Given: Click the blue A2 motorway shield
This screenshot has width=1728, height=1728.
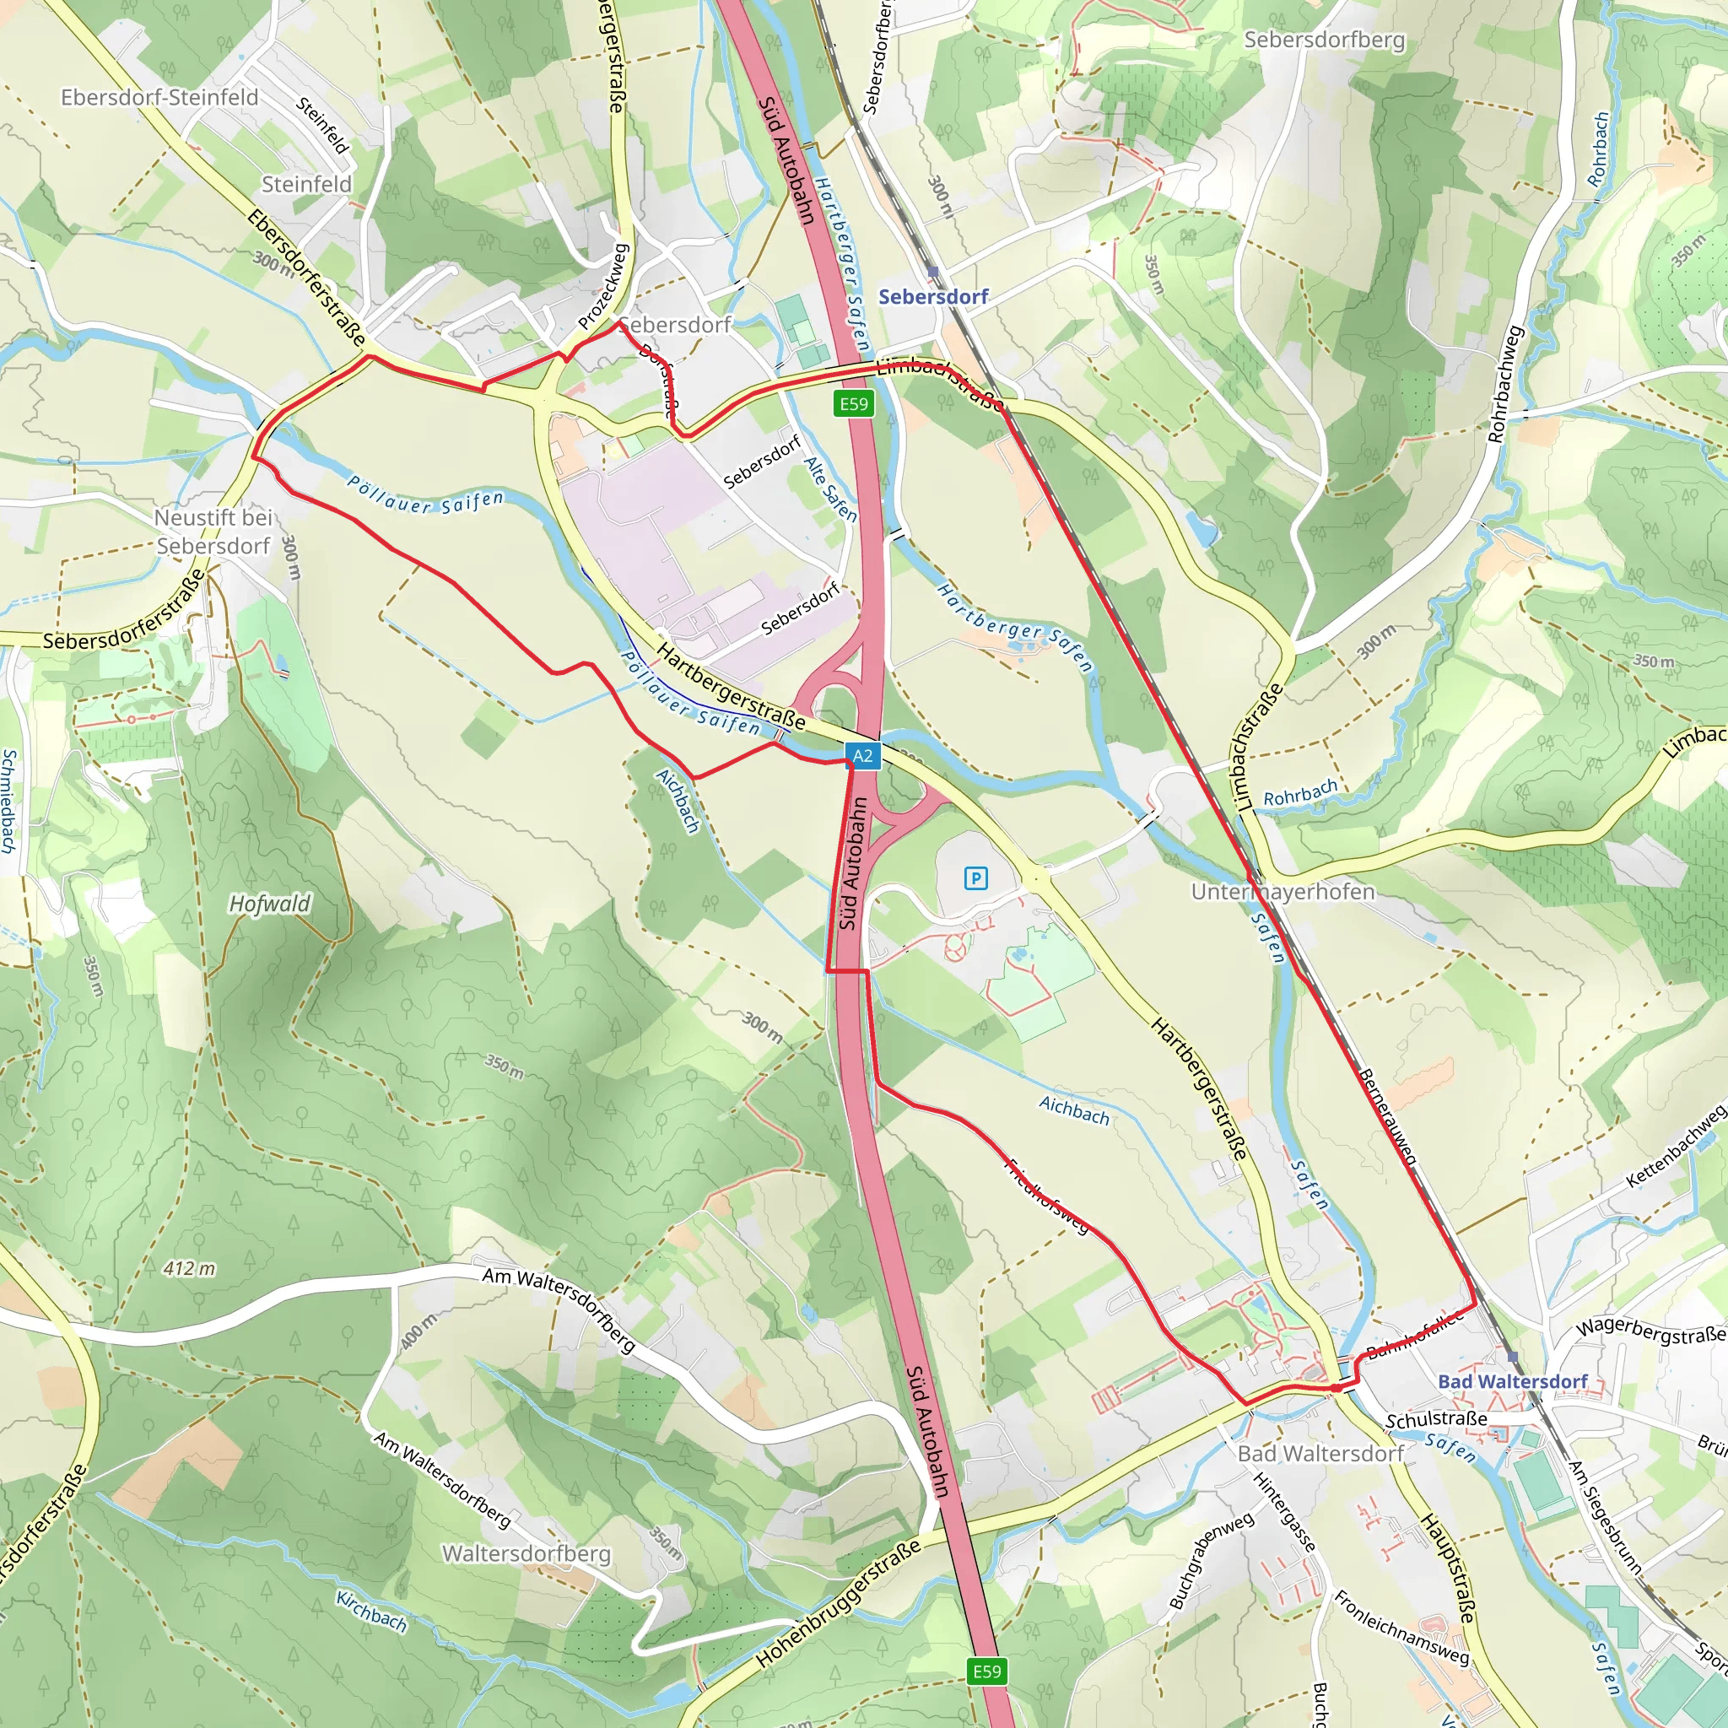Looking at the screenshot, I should point(862,756).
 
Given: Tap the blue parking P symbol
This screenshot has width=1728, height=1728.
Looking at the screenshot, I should point(976,878).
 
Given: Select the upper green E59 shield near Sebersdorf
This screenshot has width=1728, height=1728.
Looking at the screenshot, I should point(853,403).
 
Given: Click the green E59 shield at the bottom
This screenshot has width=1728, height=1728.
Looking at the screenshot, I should point(986,1671).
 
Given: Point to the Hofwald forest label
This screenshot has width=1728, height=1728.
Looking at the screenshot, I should point(269,904).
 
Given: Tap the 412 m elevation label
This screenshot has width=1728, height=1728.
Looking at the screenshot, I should point(190,1268).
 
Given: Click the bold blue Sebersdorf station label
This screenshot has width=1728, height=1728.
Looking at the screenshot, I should point(933,297).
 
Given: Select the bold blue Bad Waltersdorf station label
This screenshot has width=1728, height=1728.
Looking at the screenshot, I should point(1511,1381).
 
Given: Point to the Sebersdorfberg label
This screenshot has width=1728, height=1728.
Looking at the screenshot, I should point(1324,40).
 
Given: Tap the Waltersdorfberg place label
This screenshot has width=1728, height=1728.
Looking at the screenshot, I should point(526,1553).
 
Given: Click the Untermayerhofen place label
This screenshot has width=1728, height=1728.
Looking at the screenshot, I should point(1282,892).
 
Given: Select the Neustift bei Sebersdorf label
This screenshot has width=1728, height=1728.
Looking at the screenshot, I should point(213,532).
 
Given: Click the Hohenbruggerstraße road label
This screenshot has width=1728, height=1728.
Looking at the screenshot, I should point(838,1604).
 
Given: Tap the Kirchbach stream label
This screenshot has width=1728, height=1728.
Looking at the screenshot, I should point(371,1611).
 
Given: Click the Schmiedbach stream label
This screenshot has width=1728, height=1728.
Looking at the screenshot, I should point(9,801).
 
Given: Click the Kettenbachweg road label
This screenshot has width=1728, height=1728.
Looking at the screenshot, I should point(1674,1147).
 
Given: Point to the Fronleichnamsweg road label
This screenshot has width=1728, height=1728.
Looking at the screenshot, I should point(1401,1628).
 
